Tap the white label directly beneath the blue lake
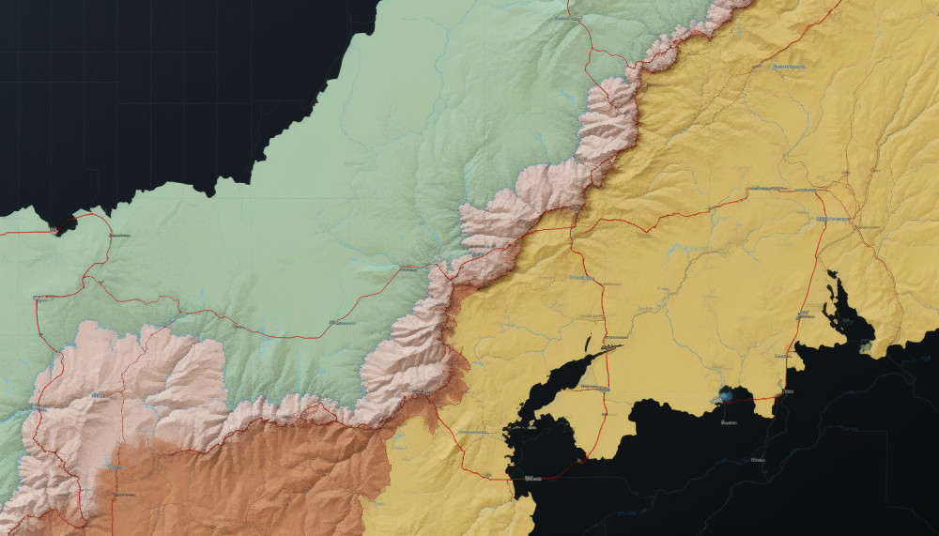727,423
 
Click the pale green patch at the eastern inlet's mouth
865,346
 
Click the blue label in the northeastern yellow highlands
789,68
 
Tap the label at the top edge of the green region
563,17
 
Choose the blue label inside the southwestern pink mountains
98,397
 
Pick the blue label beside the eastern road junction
833,219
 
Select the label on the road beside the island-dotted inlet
805,314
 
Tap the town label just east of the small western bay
117,236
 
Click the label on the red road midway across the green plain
340,322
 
